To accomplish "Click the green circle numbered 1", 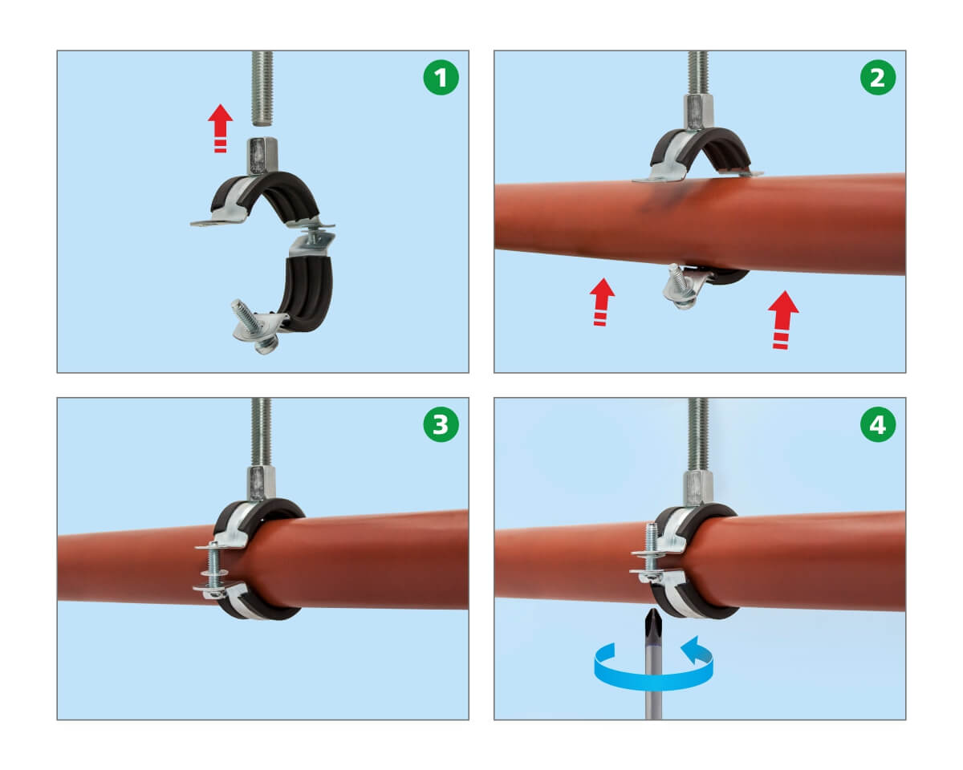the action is point(441,78).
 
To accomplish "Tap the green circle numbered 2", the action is point(878,78).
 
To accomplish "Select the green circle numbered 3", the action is point(441,424).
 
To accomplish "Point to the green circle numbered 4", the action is point(878,424).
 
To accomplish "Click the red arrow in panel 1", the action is point(220,128).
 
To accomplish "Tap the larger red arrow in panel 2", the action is point(782,319).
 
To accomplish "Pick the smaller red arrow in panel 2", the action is point(602,302).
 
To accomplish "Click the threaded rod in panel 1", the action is point(262,88).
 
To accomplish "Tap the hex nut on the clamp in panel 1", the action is point(262,156).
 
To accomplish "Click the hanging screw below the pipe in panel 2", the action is point(681,286).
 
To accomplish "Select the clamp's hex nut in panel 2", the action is point(698,113).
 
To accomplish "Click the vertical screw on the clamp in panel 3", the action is point(214,570).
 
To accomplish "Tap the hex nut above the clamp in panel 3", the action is point(262,483).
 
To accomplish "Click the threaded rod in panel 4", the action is point(698,434).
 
